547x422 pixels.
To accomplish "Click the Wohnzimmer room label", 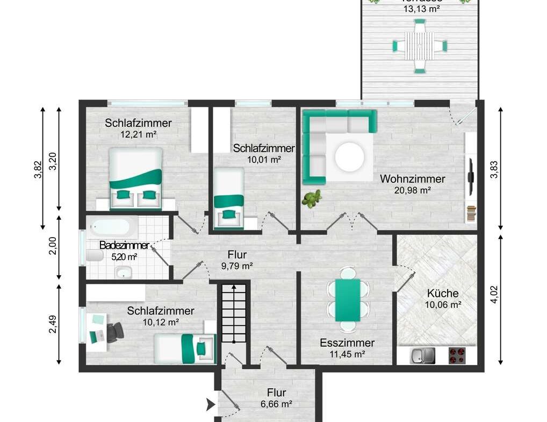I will pyautogui.click(x=412, y=179).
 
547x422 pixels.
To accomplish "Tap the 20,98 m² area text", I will pyautogui.click(x=413, y=190).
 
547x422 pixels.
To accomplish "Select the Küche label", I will pyautogui.click(x=443, y=294).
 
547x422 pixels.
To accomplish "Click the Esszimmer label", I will pyautogui.click(x=347, y=343).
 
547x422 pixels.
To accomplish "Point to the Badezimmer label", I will pyautogui.click(x=124, y=246).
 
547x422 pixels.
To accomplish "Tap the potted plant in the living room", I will pyautogui.click(x=311, y=199).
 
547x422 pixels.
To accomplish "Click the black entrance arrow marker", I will pyautogui.click(x=211, y=405).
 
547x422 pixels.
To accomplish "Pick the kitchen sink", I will pyautogui.click(x=422, y=355).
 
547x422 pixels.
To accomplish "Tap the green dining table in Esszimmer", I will pyautogui.click(x=348, y=300).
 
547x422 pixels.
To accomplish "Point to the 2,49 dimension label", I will pyautogui.click(x=53, y=324).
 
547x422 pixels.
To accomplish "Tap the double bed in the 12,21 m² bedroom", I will pyautogui.click(x=135, y=178).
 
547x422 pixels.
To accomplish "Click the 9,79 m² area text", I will pyautogui.click(x=237, y=266).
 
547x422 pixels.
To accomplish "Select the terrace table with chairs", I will pyautogui.click(x=419, y=46).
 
